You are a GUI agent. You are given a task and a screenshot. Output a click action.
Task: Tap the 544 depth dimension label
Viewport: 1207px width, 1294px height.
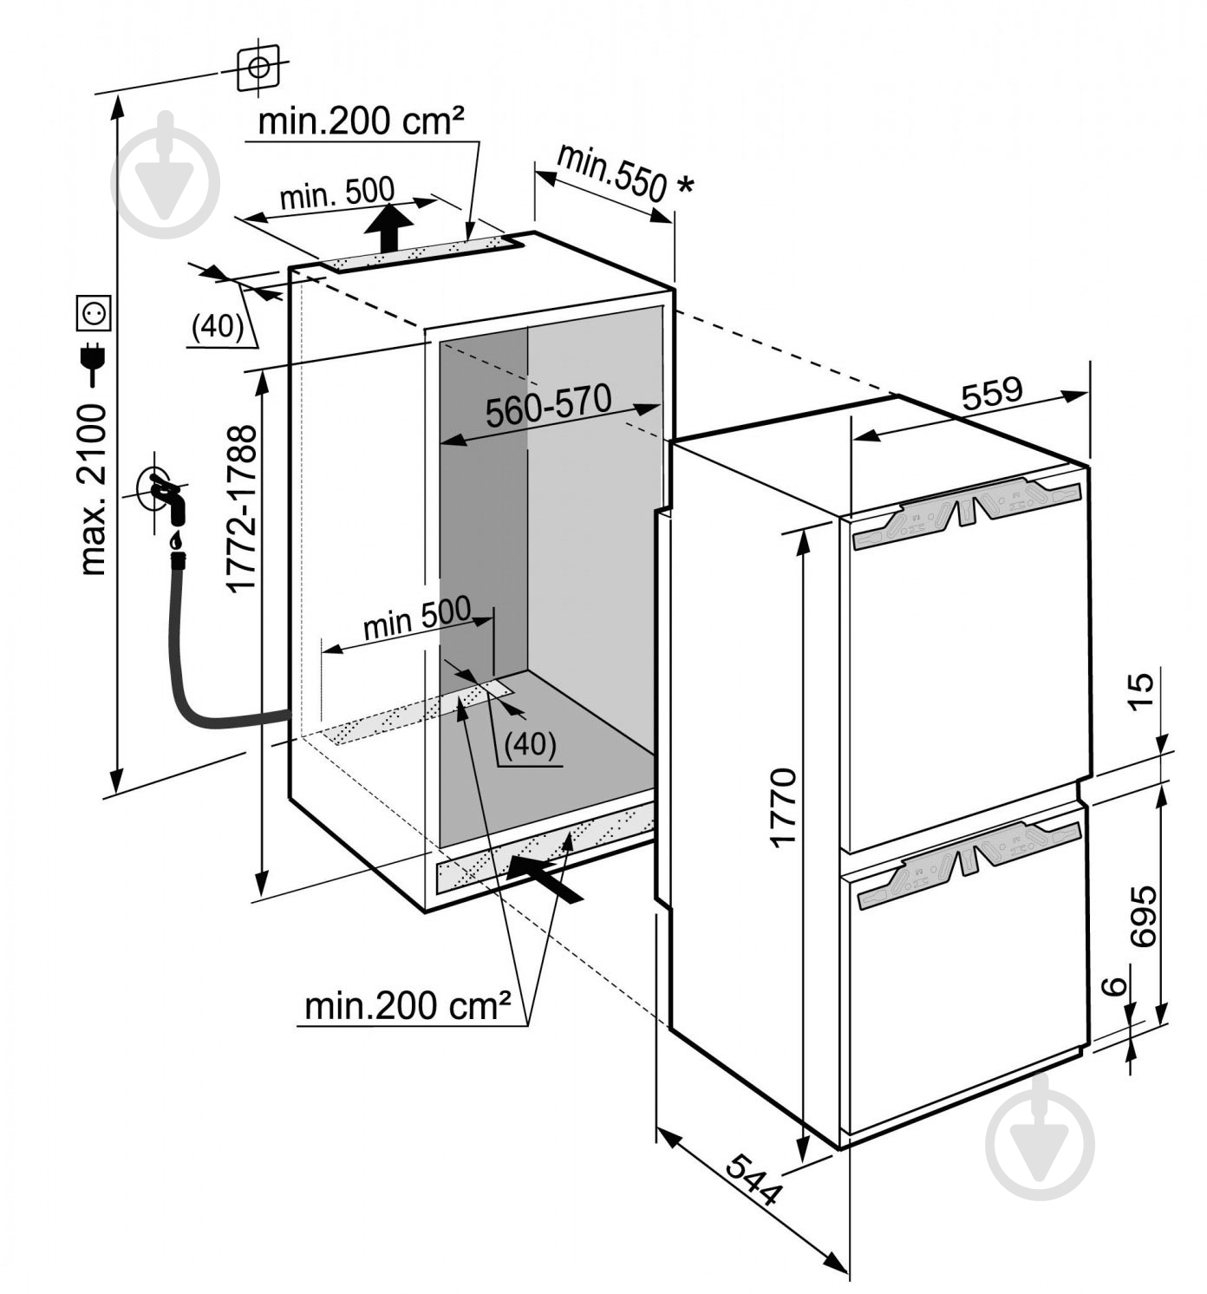pyautogui.click(x=753, y=1180)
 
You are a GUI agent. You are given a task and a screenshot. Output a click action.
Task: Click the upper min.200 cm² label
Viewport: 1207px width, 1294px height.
pyautogui.click(x=361, y=121)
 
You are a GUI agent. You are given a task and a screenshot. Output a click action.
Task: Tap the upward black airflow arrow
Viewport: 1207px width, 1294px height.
pyautogui.click(x=388, y=226)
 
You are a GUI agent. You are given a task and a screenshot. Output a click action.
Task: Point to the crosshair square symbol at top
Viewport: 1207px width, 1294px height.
pyautogui.click(x=258, y=68)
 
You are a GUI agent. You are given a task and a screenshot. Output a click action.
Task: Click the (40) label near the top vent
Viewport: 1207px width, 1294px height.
pyautogui.click(x=217, y=326)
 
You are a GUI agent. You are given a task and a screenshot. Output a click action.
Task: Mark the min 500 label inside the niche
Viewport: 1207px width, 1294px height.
pyautogui.click(x=416, y=618)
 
